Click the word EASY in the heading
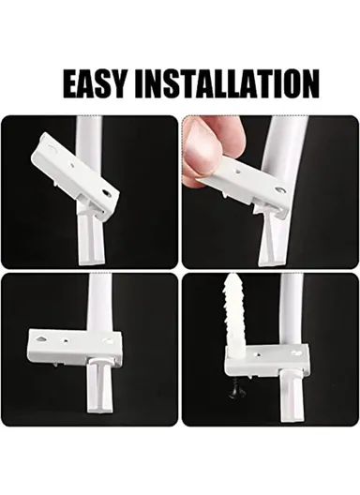[97, 83]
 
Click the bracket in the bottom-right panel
[268, 359]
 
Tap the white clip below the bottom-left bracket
[97, 394]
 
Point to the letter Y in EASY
[121, 83]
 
